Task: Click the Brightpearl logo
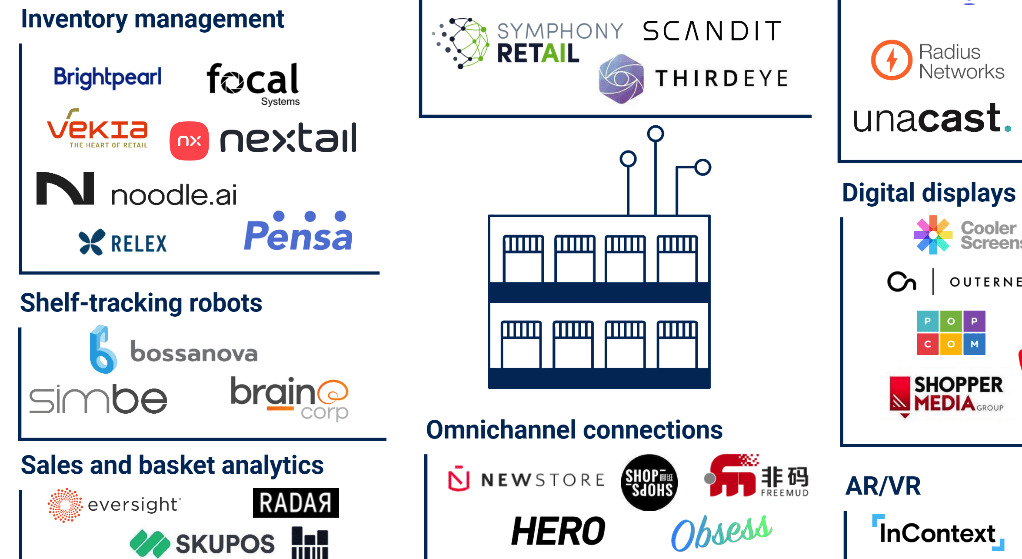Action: point(107,77)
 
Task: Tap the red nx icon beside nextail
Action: point(189,141)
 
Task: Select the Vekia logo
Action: point(97,129)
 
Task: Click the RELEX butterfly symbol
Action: point(92,242)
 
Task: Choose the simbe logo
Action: point(98,399)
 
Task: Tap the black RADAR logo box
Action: point(296,503)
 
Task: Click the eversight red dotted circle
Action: point(65,505)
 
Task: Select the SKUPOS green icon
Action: point(150,543)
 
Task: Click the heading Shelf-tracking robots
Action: point(141,303)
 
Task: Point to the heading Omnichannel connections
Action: point(574,430)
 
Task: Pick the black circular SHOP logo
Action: point(649,482)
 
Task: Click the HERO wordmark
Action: point(558,531)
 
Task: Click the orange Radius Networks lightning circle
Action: point(891,60)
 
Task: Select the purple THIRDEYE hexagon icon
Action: point(621,79)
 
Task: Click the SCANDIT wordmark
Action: point(712,31)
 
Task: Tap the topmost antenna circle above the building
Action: point(655,134)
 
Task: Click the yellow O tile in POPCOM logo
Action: point(951,344)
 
